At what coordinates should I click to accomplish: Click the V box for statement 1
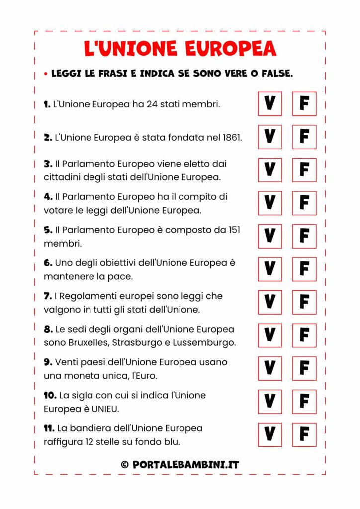coord(270,104)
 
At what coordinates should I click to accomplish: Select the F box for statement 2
coord(304,137)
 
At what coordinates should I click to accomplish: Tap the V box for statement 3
coord(270,170)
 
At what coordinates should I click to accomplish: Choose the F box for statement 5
coord(304,236)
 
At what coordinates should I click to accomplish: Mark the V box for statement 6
coord(270,269)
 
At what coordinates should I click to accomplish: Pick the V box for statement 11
coord(270,434)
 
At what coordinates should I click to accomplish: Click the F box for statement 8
coord(304,336)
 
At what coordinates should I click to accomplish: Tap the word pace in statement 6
coord(122,276)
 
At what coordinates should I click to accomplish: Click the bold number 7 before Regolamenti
coord(47,296)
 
